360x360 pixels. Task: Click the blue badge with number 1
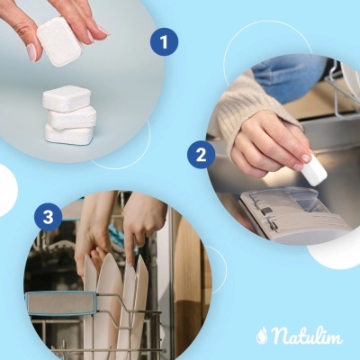[x=163, y=41]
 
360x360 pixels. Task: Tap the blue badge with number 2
[x=200, y=155]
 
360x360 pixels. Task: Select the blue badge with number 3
[x=48, y=216]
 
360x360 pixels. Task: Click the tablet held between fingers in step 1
[x=60, y=40]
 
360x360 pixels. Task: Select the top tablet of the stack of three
[x=67, y=98]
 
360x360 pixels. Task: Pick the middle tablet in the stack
[x=72, y=117]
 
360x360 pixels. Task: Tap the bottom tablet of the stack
[x=69, y=134]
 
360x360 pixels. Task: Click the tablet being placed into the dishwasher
[x=313, y=170]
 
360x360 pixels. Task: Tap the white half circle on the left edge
[x=6, y=189]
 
